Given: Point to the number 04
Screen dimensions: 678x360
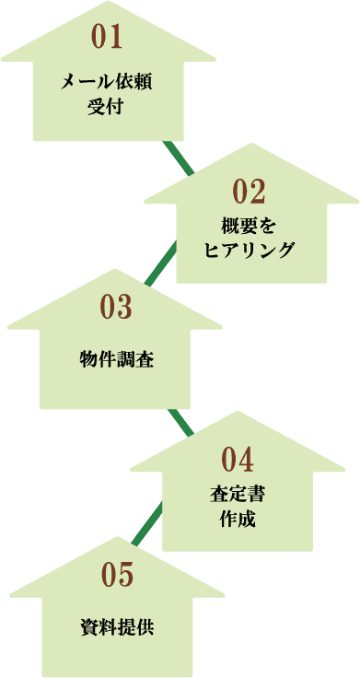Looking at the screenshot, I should tap(237, 458).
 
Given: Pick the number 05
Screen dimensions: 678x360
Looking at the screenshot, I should tap(117, 574).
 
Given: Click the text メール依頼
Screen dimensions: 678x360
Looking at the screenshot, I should tap(107, 81).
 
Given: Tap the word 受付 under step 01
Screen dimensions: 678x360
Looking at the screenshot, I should tap(107, 106).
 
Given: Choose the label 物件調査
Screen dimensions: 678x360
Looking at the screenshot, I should tap(116, 359).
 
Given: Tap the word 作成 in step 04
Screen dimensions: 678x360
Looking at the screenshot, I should tap(238, 518).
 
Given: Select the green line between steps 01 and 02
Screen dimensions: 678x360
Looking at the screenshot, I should tap(178, 158).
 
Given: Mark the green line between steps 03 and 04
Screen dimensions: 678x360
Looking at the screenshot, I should tap(179, 422).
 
